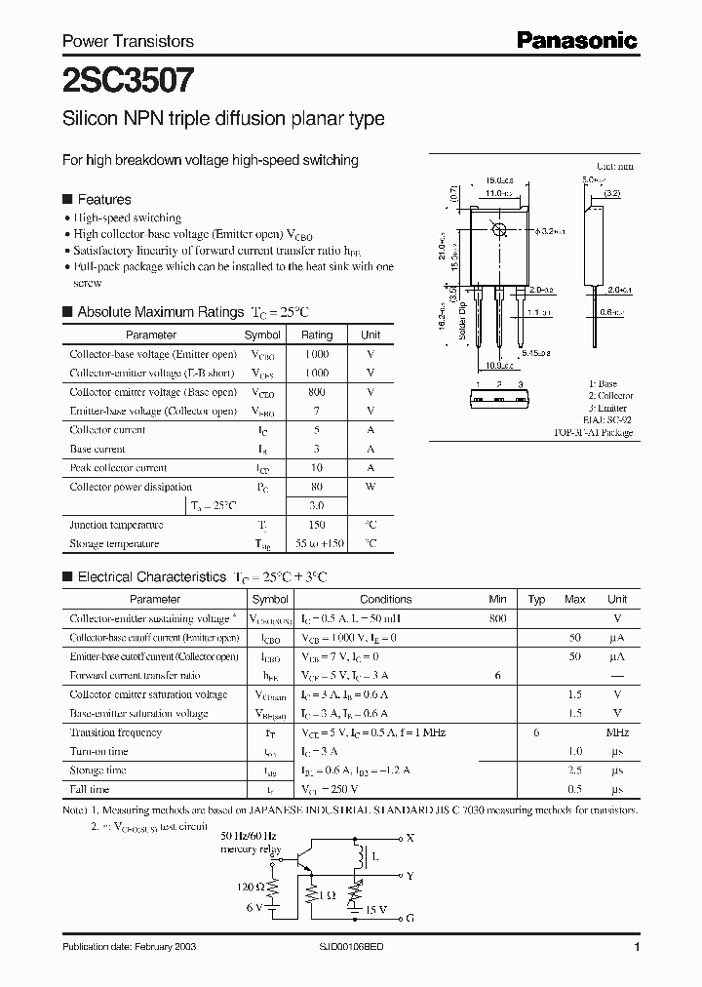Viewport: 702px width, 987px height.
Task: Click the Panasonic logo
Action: pyautogui.click(x=575, y=40)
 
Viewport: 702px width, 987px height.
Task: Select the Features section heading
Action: pyautogui.click(x=103, y=198)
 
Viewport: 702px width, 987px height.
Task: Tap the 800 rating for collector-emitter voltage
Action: pyautogui.click(x=317, y=392)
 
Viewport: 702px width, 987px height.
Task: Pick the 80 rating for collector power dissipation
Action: pyautogui.click(x=317, y=487)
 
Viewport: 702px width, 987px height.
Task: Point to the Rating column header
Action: pyautogui.click(x=317, y=335)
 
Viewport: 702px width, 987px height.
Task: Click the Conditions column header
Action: pyautogui.click(x=385, y=599)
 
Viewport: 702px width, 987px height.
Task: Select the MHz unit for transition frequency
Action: pyautogui.click(x=617, y=732)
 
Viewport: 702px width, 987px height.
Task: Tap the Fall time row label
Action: pyautogui.click(x=90, y=789)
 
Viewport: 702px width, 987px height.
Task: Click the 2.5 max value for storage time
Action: pyautogui.click(x=575, y=770)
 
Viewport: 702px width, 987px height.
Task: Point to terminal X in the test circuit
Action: pyautogui.click(x=409, y=838)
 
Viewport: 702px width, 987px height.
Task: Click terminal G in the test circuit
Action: pyautogui.click(x=409, y=918)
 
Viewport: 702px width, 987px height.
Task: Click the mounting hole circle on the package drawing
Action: pyautogui.click(x=499, y=230)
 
